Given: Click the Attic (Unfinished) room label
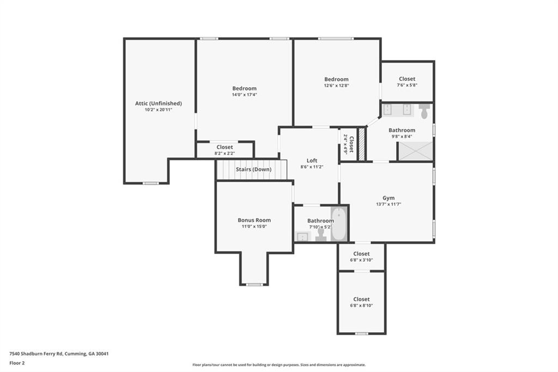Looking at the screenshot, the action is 159,103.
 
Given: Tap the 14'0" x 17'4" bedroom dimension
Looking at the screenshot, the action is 245,95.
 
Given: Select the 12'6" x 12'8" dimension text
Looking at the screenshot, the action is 336,86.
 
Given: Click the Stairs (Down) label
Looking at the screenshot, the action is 253,169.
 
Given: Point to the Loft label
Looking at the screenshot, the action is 312,160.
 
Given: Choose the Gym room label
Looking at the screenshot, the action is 389,198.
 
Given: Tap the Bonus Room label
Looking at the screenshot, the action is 254,220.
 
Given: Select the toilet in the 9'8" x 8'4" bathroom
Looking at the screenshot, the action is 424,111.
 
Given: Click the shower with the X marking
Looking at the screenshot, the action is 415,151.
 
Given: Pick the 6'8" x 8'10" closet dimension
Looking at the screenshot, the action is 361,305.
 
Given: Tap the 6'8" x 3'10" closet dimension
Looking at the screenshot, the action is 361,260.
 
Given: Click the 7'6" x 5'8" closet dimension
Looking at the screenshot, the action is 407,85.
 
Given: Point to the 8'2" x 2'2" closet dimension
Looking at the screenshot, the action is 225,154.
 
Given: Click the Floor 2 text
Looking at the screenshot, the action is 17,363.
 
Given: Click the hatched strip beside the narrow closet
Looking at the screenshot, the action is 362,144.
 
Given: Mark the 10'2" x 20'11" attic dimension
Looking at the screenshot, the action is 159,110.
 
